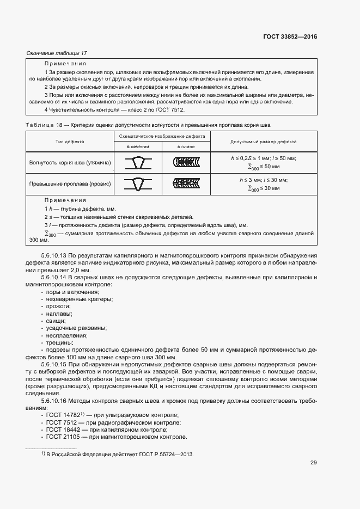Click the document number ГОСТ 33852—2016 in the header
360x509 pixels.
(x=289, y=37)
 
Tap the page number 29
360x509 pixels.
(x=313, y=463)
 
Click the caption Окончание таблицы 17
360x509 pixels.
(x=57, y=53)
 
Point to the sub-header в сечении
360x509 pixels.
(x=138, y=147)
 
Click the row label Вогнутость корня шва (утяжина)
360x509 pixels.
(x=70, y=162)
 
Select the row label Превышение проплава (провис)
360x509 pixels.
(x=70, y=184)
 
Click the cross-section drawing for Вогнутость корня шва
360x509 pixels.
(x=138, y=162)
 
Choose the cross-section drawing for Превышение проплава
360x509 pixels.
(x=138, y=184)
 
